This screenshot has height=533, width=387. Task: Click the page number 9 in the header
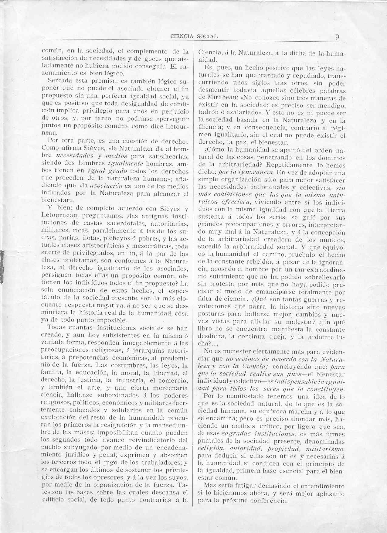click(x=337, y=37)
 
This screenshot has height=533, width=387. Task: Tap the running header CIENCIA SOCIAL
click(x=194, y=36)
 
